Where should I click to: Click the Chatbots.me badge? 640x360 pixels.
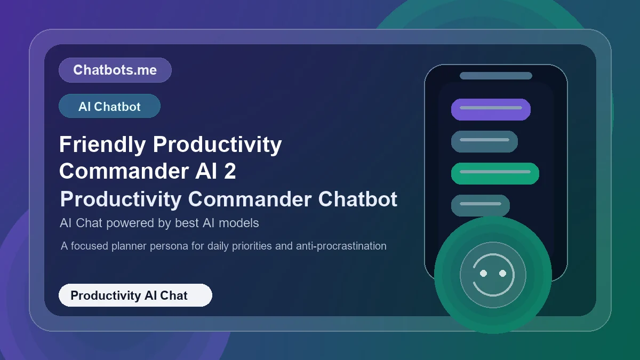pos(115,70)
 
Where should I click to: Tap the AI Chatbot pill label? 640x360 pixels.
pos(109,106)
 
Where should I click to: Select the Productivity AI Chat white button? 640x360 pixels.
pos(135,295)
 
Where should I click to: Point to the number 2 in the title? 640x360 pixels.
pos(230,172)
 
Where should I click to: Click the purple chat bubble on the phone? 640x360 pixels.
pos(491,109)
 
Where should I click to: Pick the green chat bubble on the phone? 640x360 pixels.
pos(495,173)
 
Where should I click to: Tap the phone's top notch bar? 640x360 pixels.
pos(495,76)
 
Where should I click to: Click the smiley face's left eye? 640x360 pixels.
pos(483,273)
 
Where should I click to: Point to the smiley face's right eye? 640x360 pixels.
pos(502,273)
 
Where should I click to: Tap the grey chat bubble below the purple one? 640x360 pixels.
pos(484,141)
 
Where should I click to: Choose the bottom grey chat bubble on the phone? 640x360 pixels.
pos(480,205)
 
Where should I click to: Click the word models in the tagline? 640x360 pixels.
pos(241,223)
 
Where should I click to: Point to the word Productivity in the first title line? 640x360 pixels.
pos(217,145)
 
